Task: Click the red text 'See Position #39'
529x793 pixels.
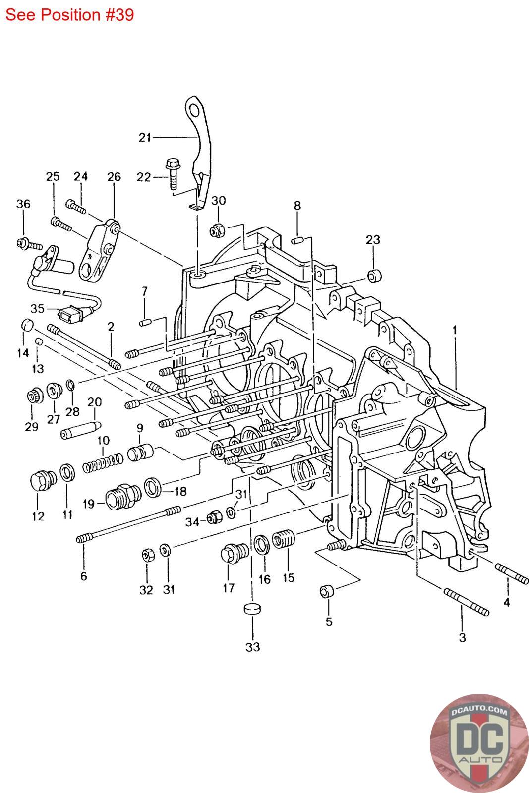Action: (69, 15)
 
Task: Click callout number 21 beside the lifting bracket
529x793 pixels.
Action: (144, 137)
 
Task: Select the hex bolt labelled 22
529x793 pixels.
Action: (173, 173)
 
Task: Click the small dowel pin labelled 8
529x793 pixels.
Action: (297, 240)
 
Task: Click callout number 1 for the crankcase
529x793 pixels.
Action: (455, 330)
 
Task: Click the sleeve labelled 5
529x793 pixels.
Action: (327, 591)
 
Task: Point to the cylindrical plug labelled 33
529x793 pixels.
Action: (252, 609)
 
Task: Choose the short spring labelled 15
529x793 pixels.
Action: (284, 539)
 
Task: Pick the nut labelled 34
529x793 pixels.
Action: (214, 517)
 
